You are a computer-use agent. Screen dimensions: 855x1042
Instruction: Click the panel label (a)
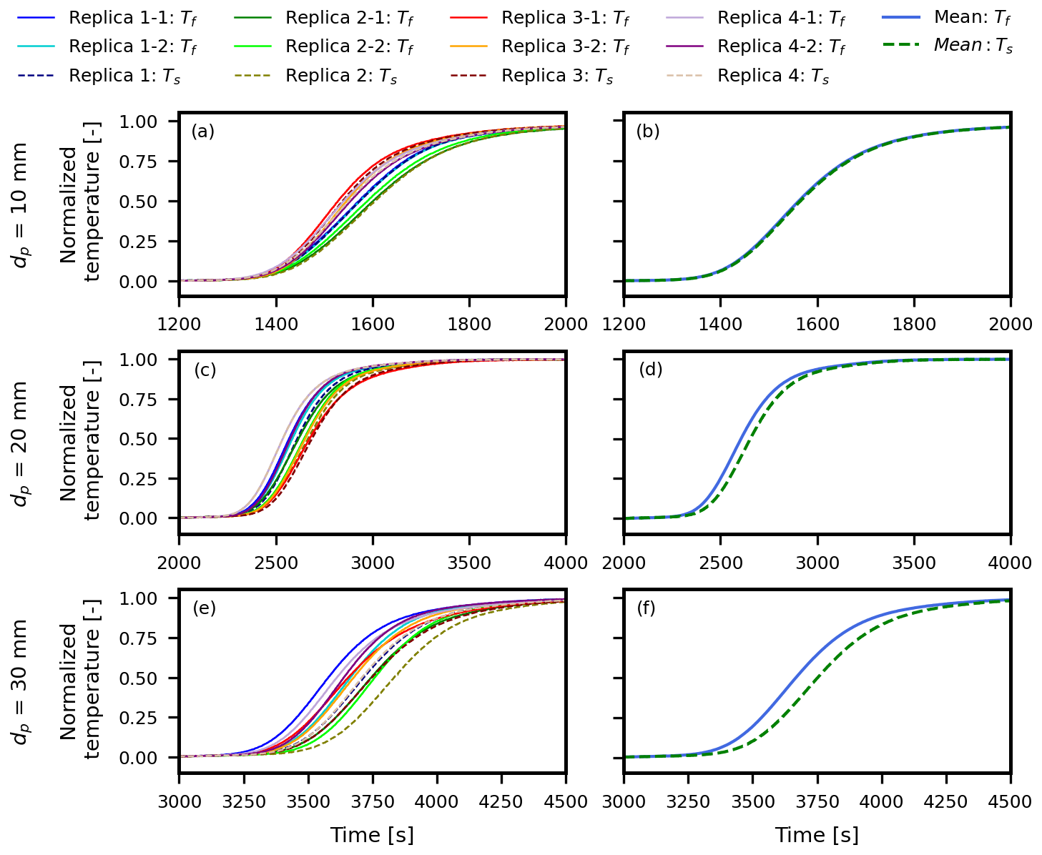[203, 132]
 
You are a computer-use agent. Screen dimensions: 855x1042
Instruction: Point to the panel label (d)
[651, 370]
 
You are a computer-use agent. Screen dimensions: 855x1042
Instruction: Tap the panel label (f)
[646, 608]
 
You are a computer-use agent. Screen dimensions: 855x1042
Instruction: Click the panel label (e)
[205, 608]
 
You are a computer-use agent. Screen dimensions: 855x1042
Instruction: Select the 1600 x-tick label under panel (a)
[373, 325]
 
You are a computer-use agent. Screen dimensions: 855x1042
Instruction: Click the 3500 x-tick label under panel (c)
[469, 563]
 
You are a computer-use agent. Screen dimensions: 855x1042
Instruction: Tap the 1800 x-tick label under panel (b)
[914, 325]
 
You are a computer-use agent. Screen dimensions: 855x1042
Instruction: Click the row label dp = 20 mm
[21, 443]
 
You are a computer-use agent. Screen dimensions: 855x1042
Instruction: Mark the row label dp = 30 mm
[21, 681]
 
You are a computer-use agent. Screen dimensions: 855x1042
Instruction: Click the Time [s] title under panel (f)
[817, 835]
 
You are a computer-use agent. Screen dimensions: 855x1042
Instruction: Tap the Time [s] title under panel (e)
[372, 835]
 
